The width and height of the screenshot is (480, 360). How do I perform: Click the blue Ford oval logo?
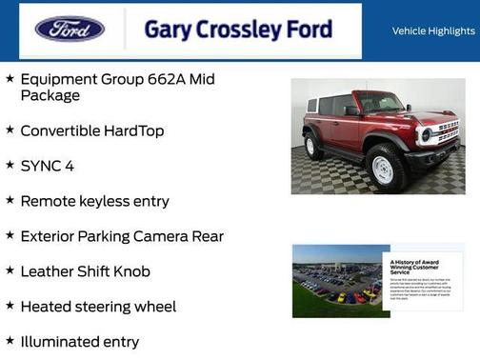[x=70, y=30]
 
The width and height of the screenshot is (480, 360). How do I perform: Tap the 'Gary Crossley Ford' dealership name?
[x=238, y=30]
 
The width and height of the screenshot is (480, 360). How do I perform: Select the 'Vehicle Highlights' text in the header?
[x=433, y=30]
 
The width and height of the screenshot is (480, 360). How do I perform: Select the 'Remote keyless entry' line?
[x=94, y=201]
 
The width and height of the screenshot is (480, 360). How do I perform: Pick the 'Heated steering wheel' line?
[x=98, y=307]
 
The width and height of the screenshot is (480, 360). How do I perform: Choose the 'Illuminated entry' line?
[x=80, y=342]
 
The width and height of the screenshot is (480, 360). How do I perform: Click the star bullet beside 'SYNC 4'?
[x=10, y=165]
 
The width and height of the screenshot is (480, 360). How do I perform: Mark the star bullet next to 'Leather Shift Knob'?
[x=10, y=270]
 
